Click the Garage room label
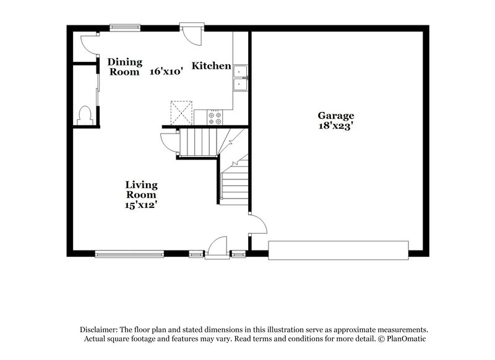pyautogui.click(x=336, y=115)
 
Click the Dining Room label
pyautogui.click(x=125, y=66)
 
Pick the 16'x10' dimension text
pyautogui.click(x=166, y=71)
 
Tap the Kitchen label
pyautogui.click(x=210, y=66)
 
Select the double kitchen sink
pyautogui.click(x=240, y=77)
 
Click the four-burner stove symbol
pyautogui.click(x=215, y=117)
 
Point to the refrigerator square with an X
pyautogui.click(x=181, y=113)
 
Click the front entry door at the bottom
pyautogui.click(x=217, y=247)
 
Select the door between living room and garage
pyautogui.click(x=257, y=224)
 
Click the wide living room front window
pyautogui.click(x=129, y=252)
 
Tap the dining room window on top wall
pyautogui.click(x=126, y=27)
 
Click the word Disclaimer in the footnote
pyautogui.click(x=100, y=330)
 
